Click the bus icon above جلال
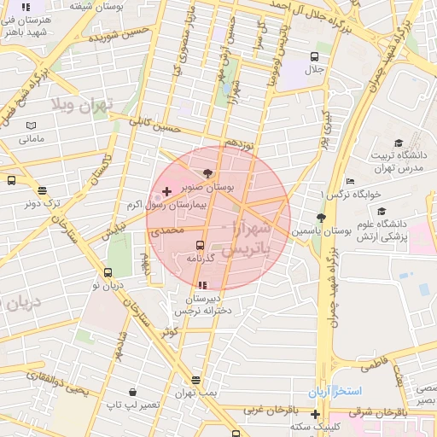click(x=314, y=56)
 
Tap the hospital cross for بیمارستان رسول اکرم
click(x=166, y=190)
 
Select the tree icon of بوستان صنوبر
click(x=209, y=173)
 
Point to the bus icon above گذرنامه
click(x=201, y=245)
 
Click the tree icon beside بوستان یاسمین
click(x=321, y=218)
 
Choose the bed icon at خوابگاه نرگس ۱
click(x=350, y=181)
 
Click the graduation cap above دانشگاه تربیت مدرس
click(x=399, y=143)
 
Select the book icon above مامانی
click(x=31, y=125)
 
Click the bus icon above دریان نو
click(x=108, y=272)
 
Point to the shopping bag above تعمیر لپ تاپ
click(x=132, y=392)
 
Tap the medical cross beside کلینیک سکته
click(x=315, y=414)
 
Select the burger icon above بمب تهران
click(x=196, y=381)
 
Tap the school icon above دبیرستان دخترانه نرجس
click(x=202, y=285)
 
